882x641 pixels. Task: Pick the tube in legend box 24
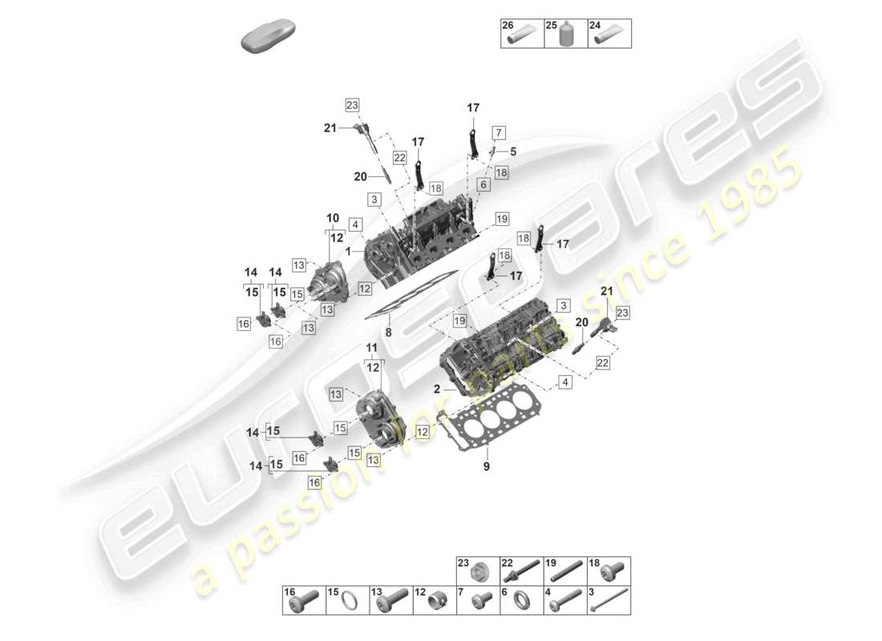click(x=609, y=37)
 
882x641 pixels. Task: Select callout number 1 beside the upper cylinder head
click(x=349, y=251)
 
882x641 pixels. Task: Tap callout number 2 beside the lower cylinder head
click(x=439, y=389)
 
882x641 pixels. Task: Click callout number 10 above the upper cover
click(x=331, y=218)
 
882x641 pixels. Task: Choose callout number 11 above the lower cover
click(x=371, y=347)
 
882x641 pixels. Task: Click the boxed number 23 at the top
click(x=352, y=105)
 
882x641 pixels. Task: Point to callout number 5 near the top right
click(x=513, y=151)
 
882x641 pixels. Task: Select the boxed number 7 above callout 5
click(x=498, y=132)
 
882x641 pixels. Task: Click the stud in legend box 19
click(x=566, y=573)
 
